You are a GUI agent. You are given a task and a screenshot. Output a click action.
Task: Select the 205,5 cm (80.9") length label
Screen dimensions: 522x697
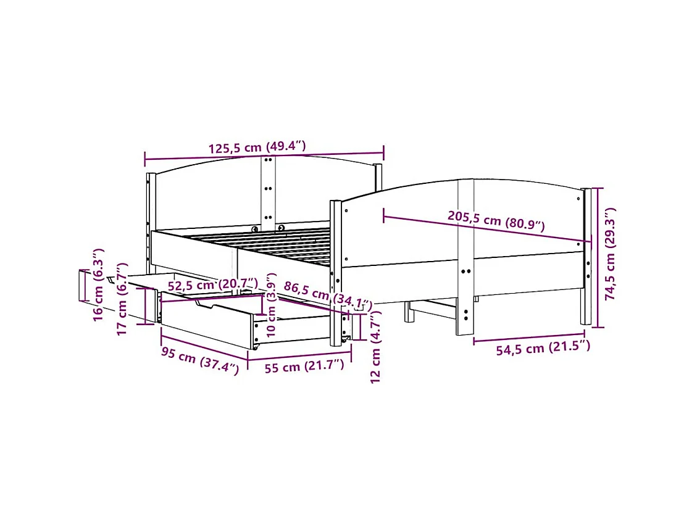(x=496, y=221)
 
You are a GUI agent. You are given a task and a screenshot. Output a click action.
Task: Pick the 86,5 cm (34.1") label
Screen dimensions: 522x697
(x=327, y=295)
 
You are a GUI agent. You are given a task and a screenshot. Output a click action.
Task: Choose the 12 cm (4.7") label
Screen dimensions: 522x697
(x=377, y=346)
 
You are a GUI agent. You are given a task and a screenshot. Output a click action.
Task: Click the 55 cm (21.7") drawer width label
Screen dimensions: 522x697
(x=304, y=367)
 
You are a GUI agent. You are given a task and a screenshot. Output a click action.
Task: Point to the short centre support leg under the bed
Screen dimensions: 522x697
(x=408, y=312)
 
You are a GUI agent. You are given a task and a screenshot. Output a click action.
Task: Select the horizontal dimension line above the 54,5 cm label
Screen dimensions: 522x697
(x=528, y=338)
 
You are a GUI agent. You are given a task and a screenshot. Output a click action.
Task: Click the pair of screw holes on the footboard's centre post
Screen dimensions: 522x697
(x=465, y=270)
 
